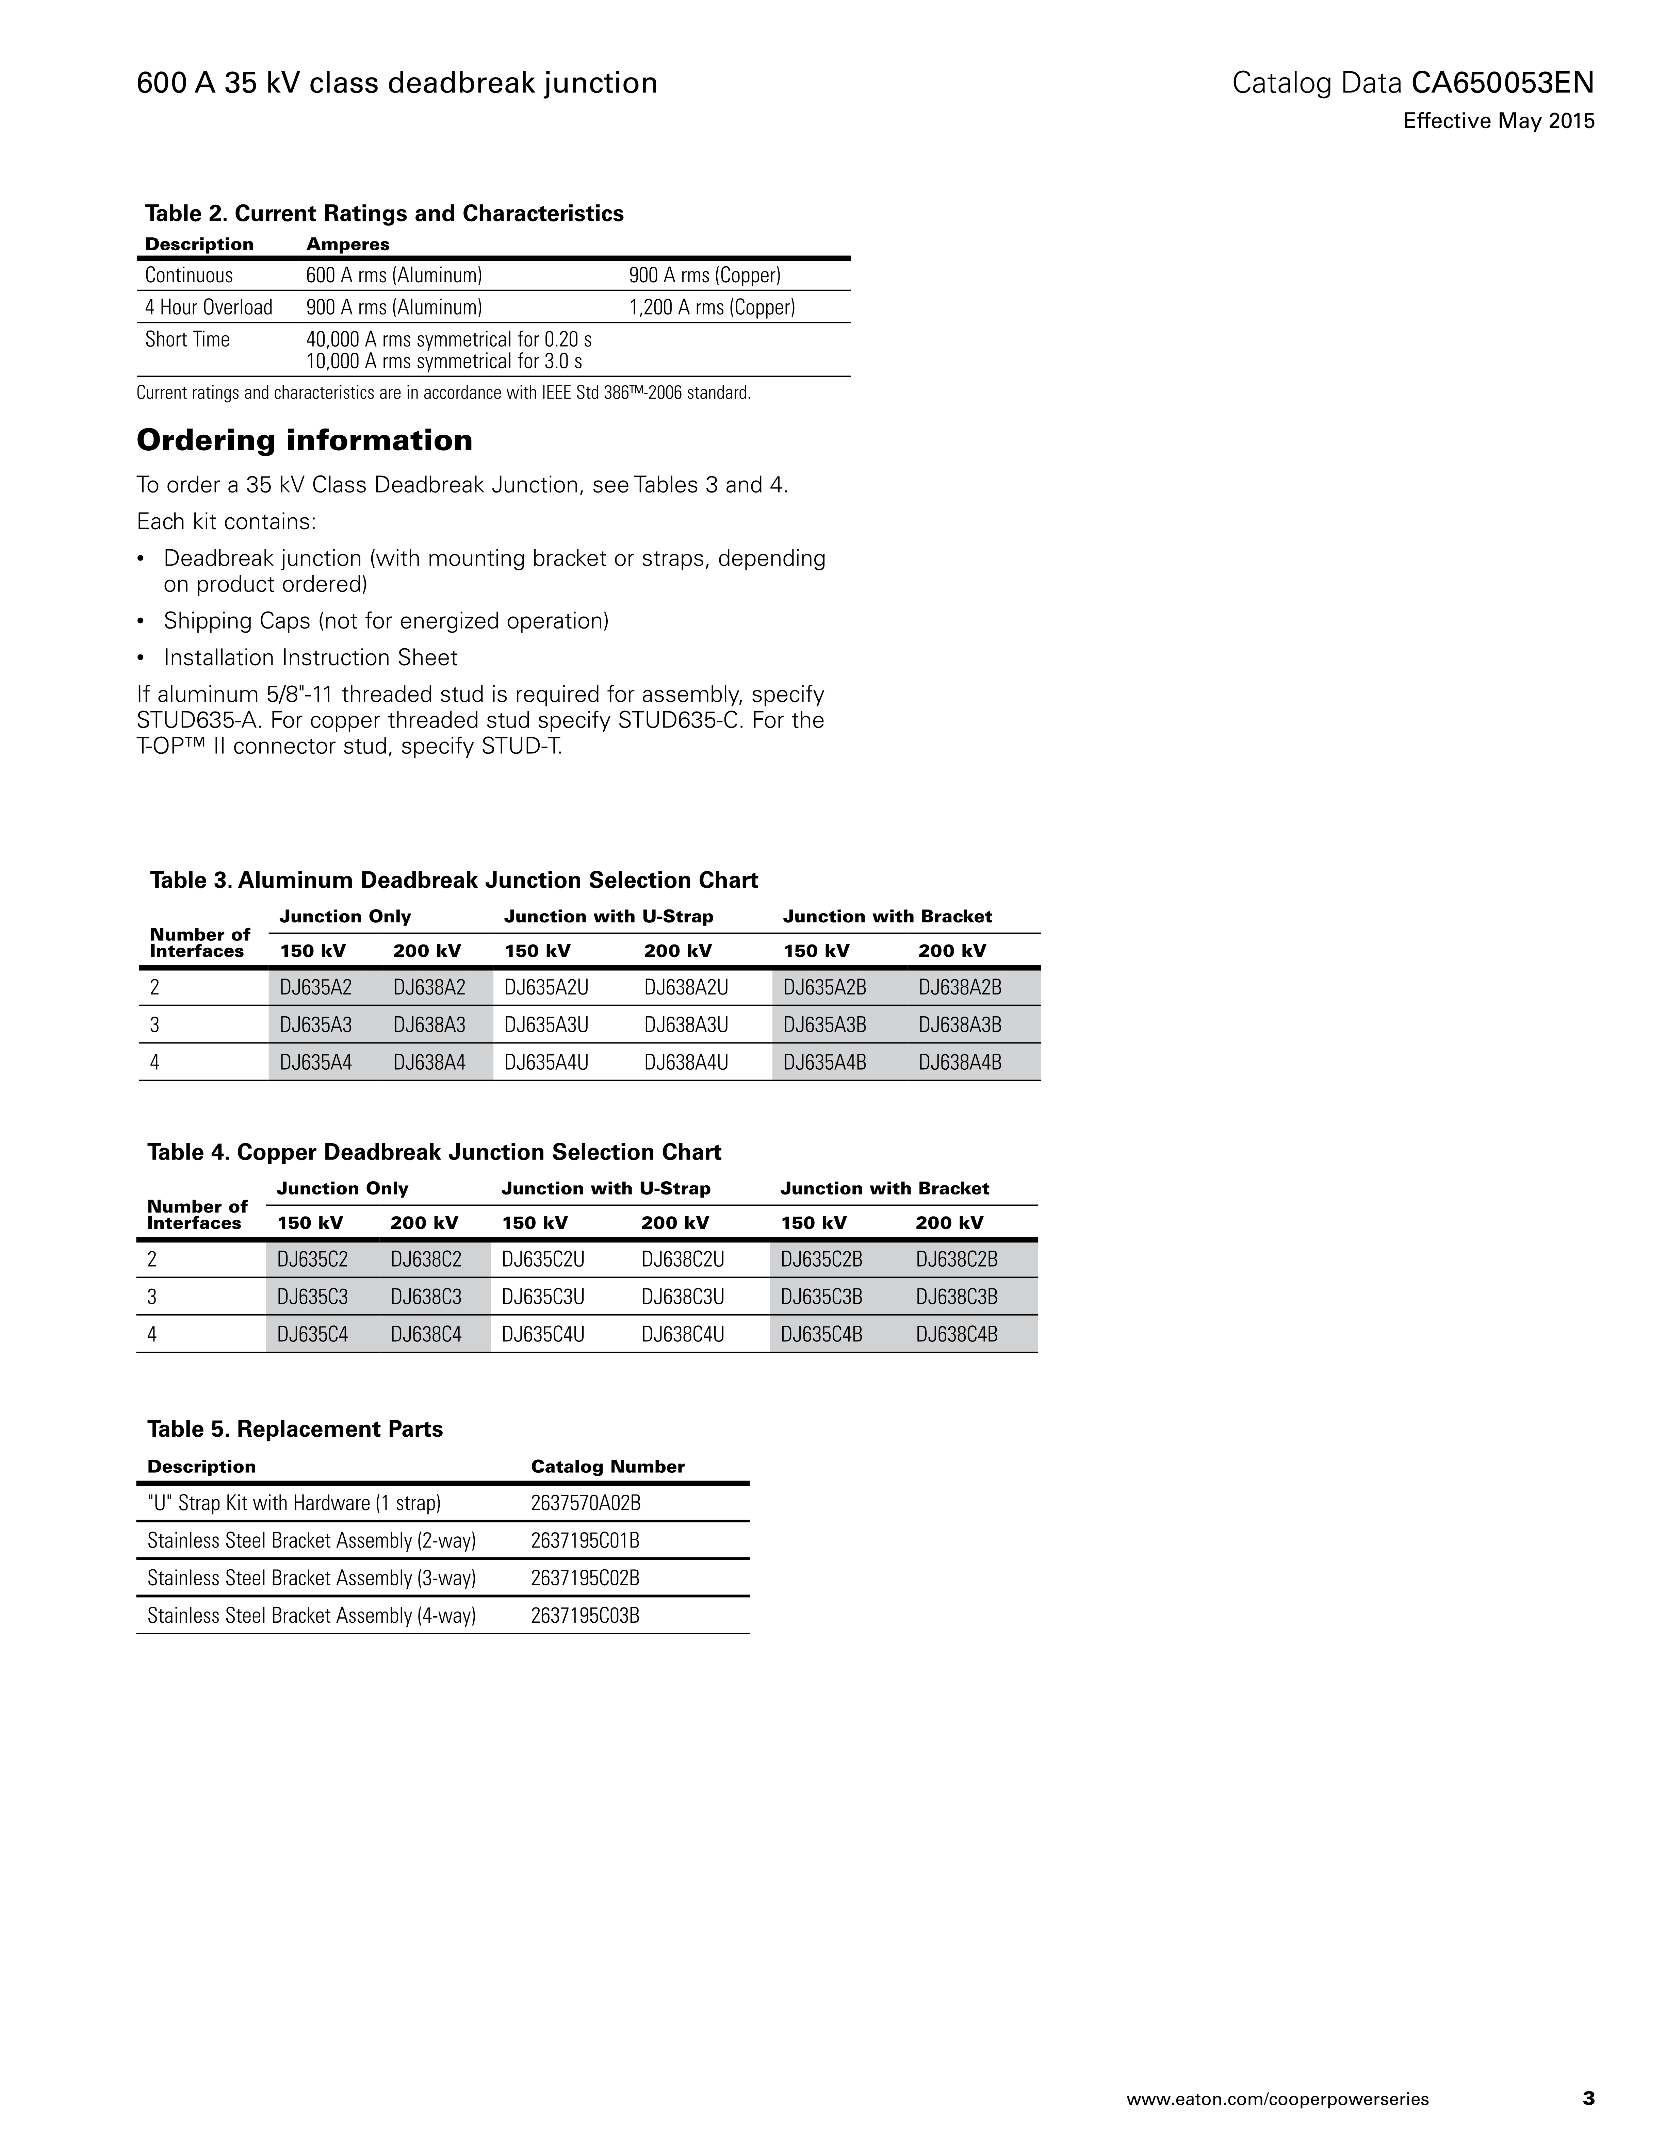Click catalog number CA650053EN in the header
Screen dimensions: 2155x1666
click(x=1502, y=83)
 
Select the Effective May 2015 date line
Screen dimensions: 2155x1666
click(x=1498, y=121)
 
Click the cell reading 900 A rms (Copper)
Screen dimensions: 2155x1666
click(x=705, y=275)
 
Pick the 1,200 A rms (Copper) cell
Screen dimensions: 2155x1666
click(x=712, y=307)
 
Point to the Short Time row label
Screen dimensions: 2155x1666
click(x=187, y=339)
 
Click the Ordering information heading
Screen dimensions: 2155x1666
click(x=304, y=440)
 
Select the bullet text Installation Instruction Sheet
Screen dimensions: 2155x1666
click(x=310, y=657)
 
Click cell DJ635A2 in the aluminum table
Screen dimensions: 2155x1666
click(x=316, y=987)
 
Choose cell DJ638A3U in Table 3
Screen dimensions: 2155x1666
click(x=686, y=1025)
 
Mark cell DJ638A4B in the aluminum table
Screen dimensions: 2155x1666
click(x=959, y=1063)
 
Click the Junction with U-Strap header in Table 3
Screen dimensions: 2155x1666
click(x=608, y=917)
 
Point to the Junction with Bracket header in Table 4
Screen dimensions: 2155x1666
click(x=884, y=1188)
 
